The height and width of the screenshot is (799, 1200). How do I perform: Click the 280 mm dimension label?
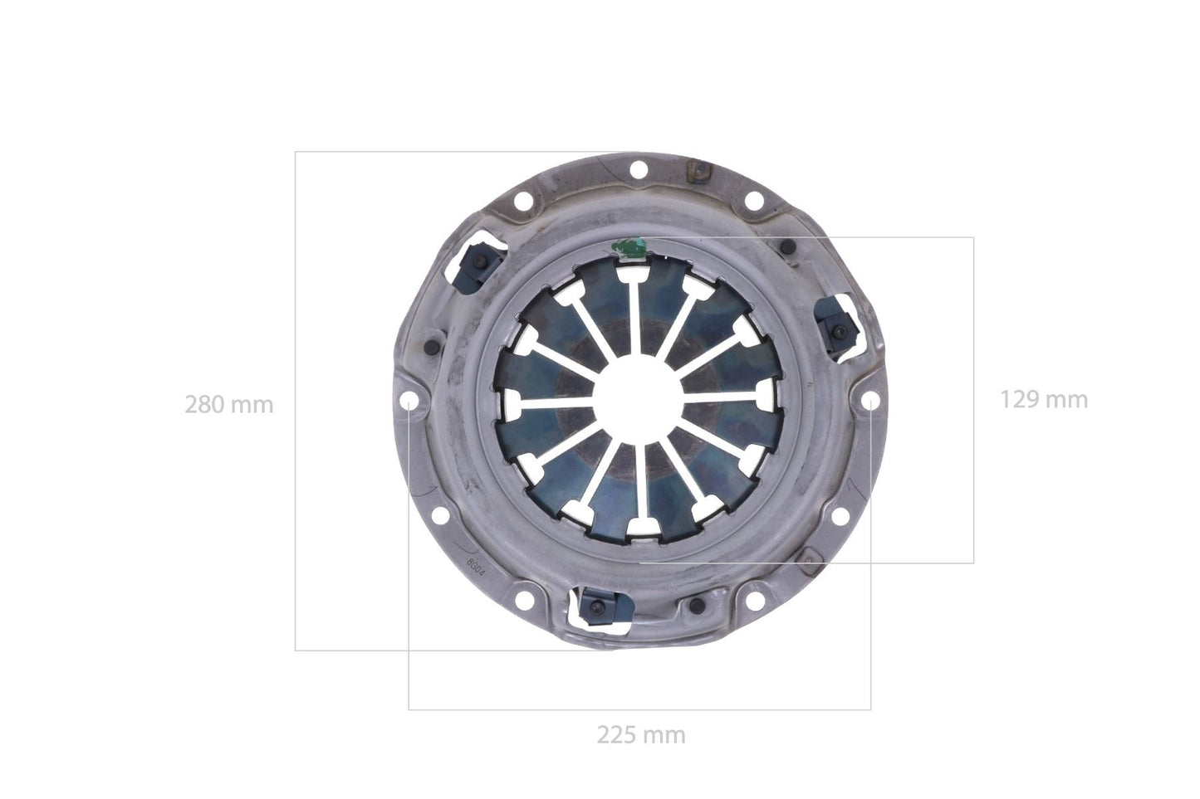[228, 405]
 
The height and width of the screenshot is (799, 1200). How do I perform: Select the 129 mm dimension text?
[1043, 399]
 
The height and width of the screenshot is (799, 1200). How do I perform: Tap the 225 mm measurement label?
[641, 734]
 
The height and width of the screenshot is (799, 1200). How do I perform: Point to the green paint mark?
[629, 246]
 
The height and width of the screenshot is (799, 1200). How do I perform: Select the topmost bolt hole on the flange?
[638, 170]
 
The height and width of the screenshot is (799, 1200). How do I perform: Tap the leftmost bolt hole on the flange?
[409, 401]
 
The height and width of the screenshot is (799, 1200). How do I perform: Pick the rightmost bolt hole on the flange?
[869, 401]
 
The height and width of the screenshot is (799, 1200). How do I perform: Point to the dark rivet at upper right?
[787, 246]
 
